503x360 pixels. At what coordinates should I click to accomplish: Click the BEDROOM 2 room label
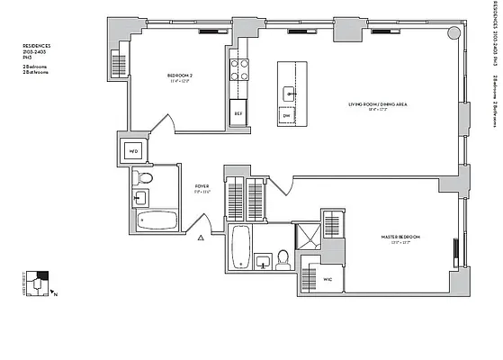[182, 76]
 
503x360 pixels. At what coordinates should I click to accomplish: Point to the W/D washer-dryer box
[133, 148]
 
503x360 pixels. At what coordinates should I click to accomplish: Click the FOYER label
[201, 187]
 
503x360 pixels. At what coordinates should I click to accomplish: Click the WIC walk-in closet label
[328, 279]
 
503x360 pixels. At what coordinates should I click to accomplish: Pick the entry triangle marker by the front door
[202, 238]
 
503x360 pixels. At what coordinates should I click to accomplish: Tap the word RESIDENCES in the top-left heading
[37, 44]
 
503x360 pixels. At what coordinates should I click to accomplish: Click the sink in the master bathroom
[263, 262]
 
